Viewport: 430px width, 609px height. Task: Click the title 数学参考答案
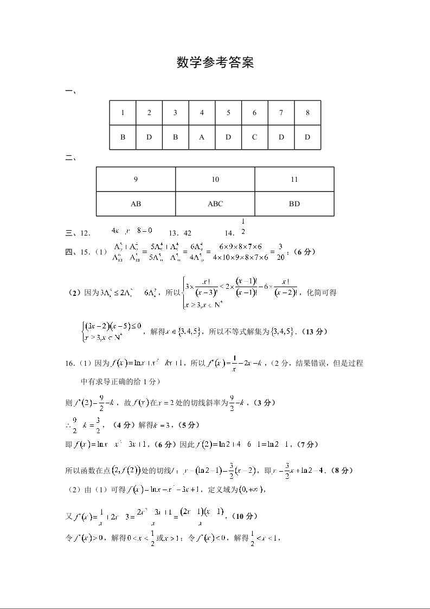pos(215,63)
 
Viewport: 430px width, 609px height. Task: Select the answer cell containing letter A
pos(202,137)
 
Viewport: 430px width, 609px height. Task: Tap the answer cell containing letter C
pos(254,137)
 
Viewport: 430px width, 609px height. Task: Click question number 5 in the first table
pos(228,113)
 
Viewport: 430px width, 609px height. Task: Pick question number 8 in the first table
pos(307,113)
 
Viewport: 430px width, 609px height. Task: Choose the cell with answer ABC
pos(215,204)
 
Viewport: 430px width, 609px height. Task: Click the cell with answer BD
pos(294,204)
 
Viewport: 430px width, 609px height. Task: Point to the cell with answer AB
pos(136,204)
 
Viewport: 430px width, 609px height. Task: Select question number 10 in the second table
pos(215,180)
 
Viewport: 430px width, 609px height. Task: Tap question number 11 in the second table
pos(294,180)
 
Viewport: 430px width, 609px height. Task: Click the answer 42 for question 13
pos(188,233)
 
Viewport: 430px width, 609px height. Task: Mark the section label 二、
pos(70,158)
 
